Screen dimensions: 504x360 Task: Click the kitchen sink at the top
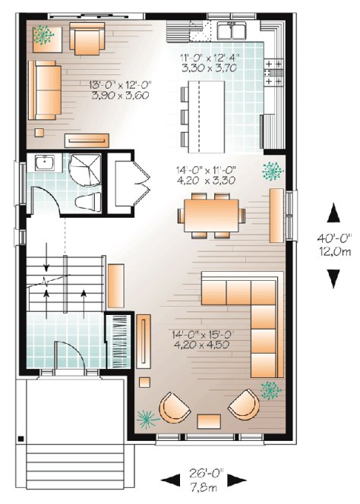(231, 31)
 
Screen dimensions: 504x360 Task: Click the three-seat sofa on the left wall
(45, 90)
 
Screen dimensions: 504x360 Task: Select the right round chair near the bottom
(245, 405)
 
